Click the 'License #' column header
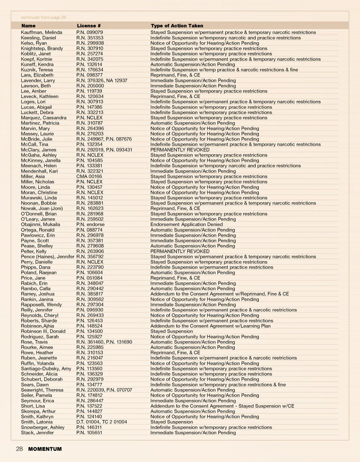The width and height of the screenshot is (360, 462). point(88,26)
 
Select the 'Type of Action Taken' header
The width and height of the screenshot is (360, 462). point(177,26)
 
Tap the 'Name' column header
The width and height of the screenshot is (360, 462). point(28,26)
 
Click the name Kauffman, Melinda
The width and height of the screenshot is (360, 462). point(41,33)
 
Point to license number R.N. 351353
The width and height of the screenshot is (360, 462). point(90,38)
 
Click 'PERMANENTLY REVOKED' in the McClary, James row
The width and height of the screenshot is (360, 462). point(180,150)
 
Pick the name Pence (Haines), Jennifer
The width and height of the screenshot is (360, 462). point(47,256)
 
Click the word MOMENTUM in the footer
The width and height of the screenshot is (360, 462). point(45,449)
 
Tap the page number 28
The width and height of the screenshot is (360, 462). point(19,449)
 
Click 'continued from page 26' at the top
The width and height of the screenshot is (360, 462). point(43,17)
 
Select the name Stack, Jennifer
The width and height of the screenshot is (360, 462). point(37,432)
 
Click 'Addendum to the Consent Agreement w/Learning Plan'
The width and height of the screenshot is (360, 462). point(210,326)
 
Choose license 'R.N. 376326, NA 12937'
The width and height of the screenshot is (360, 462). point(102,81)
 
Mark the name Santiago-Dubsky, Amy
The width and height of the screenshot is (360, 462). point(46,369)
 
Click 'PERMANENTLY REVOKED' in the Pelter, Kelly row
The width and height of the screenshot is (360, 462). point(180,251)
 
